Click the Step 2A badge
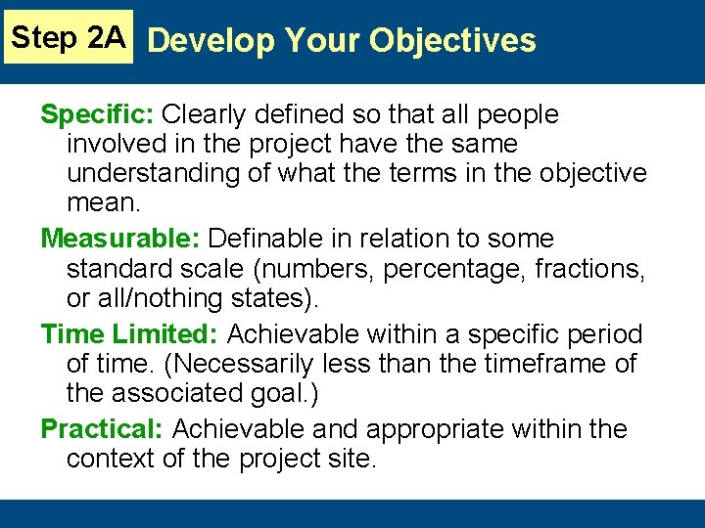[x=68, y=37]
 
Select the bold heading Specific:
[x=97, y=114]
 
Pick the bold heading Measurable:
[x=120, y=239]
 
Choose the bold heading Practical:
[x=102, y=429]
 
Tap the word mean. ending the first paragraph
[x=104, y=202]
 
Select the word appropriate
[x=434, y=429]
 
